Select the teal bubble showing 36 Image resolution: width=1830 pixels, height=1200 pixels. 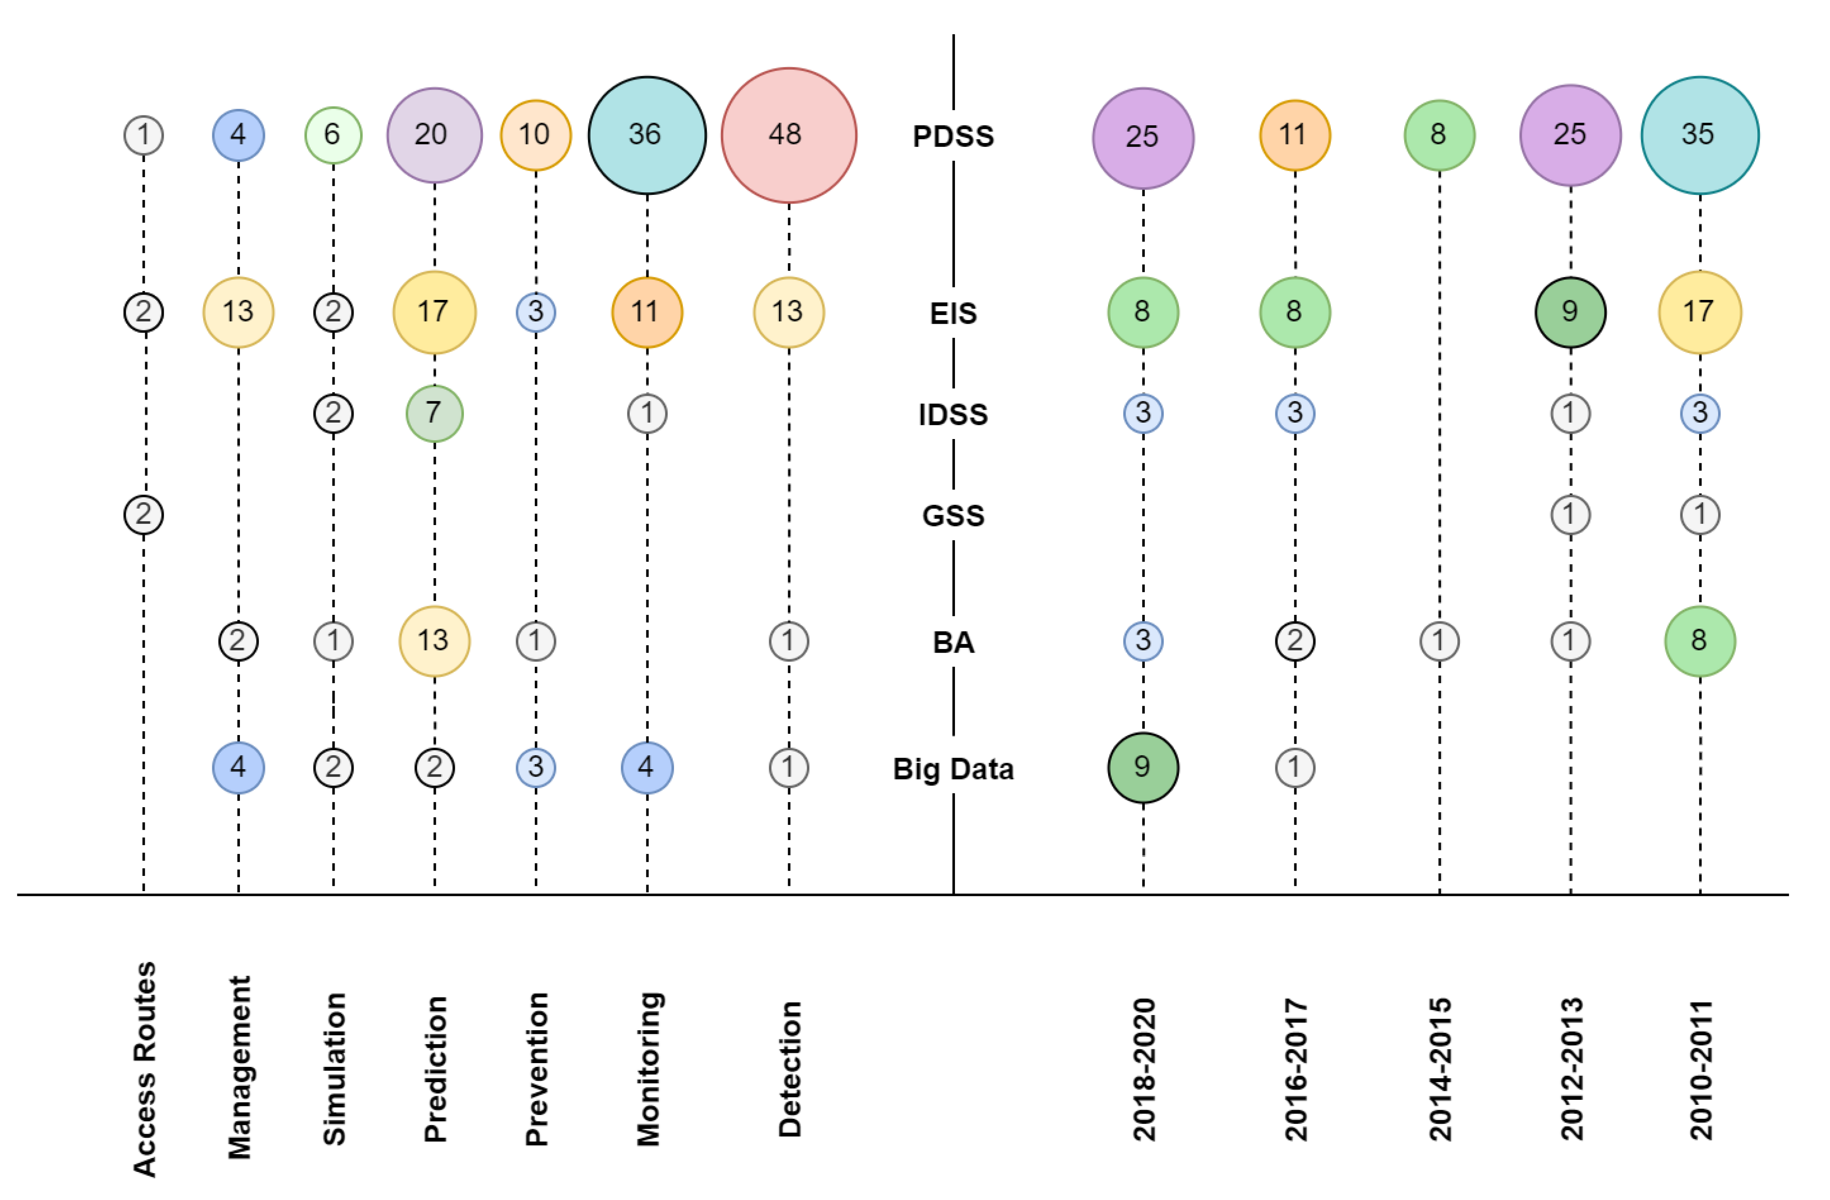click(647, 135)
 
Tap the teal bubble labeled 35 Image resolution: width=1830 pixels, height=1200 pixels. click(1699, 135)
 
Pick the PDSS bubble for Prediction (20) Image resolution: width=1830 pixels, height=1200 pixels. click(434, 135)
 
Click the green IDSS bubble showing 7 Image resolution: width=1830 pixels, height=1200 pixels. click(434, 414)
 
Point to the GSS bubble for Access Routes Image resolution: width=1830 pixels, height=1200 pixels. click(144, 514)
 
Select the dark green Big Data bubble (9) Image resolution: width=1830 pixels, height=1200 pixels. click(1143, 767)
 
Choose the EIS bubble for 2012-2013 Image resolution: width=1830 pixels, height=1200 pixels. click(1570, 312)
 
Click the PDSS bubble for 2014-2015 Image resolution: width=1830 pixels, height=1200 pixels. click(1439, 135)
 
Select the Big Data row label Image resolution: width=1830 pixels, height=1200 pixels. click(953, 769)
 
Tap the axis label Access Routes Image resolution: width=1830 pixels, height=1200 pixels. click(144, 1069)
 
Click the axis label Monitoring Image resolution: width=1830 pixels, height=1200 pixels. click(648, 1069)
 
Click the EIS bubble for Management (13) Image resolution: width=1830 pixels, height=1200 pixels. click(238, 312)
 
